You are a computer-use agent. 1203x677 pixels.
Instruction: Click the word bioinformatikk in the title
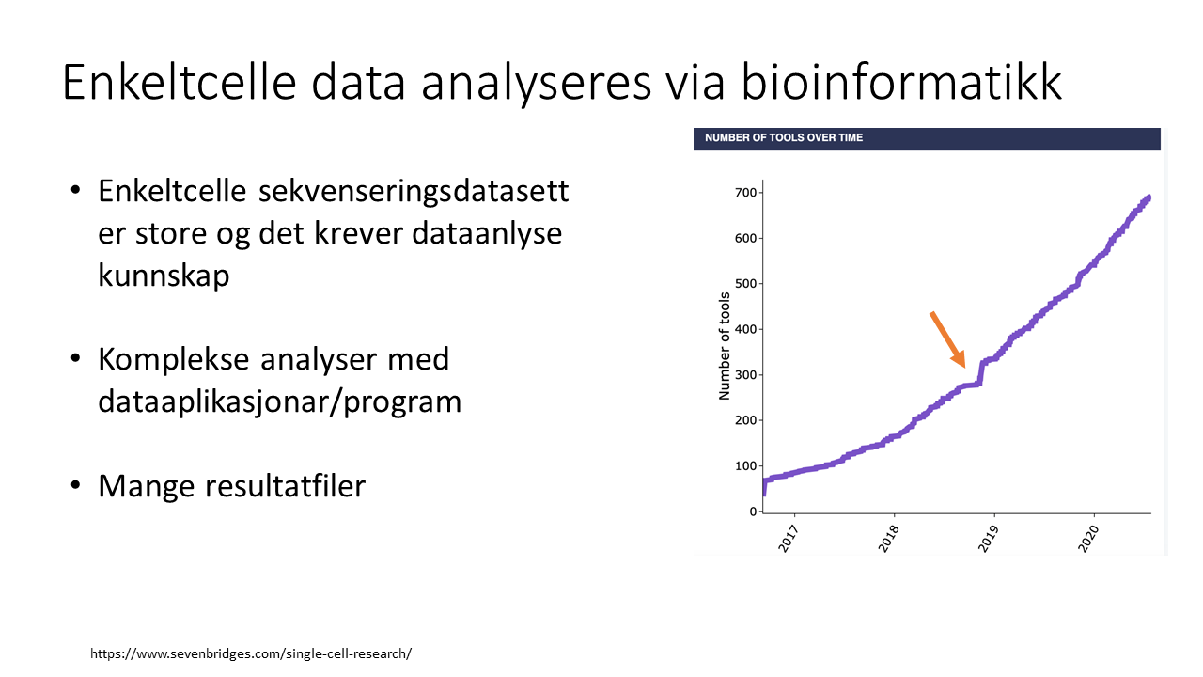tap(901, 82)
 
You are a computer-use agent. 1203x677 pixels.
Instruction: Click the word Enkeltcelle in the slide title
tap(180, 82)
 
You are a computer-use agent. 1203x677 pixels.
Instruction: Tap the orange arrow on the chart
tap(948, 339)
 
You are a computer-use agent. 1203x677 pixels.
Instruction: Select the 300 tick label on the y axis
tap(745, 374)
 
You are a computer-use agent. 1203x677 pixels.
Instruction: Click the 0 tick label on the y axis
tap(753, 512)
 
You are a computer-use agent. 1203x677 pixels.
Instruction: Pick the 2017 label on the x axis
tap(789, 539)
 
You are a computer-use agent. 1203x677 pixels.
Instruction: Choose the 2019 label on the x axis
tap(988, 539)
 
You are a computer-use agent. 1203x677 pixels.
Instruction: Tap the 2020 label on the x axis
tap(1088, 539)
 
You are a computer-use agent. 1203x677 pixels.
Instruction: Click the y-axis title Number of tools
tap(725, 346)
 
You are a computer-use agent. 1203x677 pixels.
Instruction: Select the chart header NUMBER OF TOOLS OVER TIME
tap(784, 137)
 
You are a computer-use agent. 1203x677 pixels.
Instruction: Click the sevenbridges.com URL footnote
tap(251, 653)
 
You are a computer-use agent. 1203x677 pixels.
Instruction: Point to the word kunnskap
tap(164, 276)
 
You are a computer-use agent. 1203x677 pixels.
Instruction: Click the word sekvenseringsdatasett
tap(414, 192)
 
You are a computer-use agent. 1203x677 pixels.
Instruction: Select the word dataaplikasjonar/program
tap(280, 402)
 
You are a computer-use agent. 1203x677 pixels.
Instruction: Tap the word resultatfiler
tap(285, 486)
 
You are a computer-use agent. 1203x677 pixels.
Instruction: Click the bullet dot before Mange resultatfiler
tap(75, 484)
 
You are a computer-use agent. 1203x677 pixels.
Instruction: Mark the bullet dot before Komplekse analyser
tap(75, 358)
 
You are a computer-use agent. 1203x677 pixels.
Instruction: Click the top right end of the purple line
tap(1148, 197)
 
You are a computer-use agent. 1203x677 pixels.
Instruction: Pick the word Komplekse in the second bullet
tap(174, 359)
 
